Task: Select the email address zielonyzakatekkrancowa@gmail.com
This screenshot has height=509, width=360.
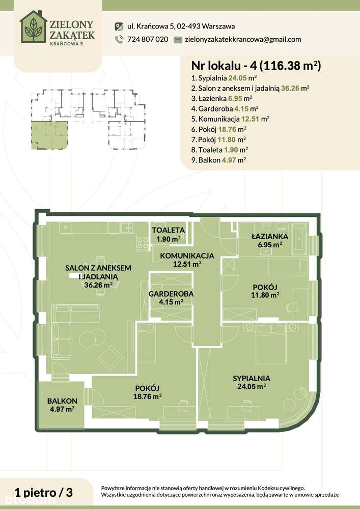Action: pos(243,39)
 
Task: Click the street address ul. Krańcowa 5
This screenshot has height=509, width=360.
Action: pos(175,26)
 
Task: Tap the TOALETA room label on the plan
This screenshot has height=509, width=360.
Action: pos(168,230)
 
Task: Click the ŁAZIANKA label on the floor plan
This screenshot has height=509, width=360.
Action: pos(270,237)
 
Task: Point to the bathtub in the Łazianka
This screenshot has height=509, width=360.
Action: pos(300,237)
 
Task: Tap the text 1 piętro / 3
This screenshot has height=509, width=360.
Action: pos(44,492)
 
